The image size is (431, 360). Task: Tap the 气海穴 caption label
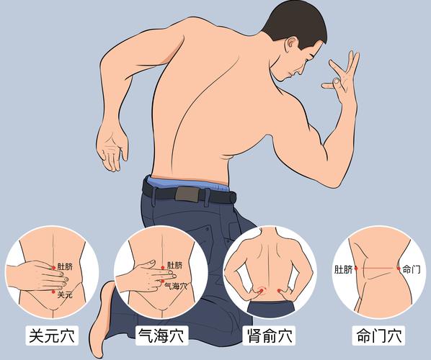160,336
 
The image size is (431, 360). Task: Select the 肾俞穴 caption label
269,336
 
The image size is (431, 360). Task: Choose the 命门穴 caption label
379,336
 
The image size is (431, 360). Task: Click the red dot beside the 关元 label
53,292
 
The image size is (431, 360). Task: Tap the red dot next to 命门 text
399,269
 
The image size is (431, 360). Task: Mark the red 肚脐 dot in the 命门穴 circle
356,269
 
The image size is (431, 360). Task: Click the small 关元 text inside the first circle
65,294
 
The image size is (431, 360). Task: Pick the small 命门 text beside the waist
412,269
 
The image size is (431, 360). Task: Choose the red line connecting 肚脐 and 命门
377,269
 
